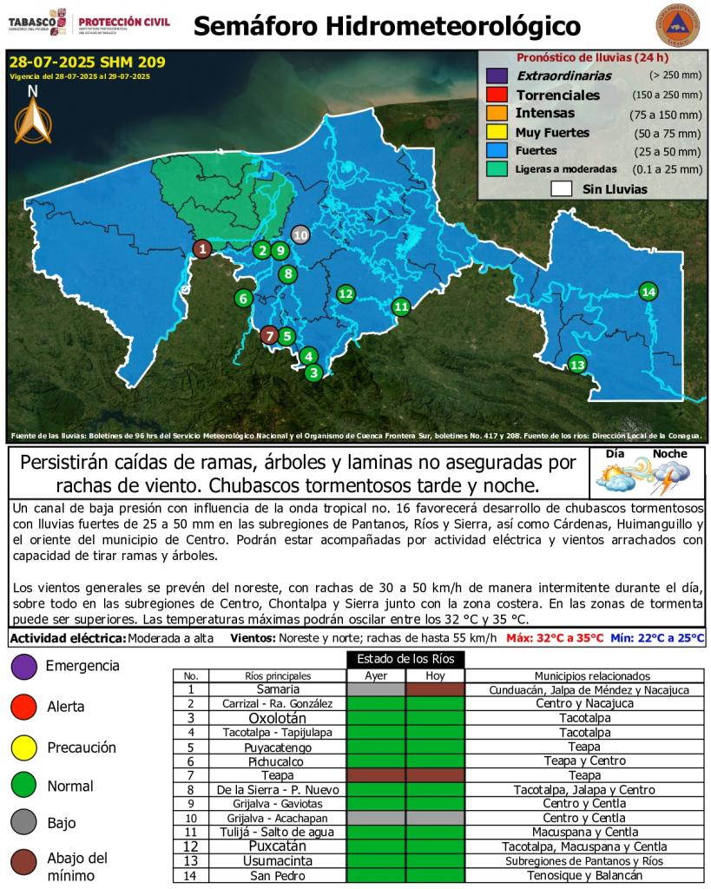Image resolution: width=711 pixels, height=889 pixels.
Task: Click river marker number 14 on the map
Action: coord(648,291)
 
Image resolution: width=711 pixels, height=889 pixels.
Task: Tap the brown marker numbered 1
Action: coord(201,249)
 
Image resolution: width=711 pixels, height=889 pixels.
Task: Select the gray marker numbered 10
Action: coord(300,234)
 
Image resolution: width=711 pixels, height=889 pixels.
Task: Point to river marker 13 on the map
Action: coord(576,365)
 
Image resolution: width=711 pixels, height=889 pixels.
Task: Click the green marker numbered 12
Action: coord(346,293)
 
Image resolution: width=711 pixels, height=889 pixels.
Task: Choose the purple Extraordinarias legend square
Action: coord(497,76)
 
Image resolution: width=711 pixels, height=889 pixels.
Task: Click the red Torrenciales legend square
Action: coord(497,95)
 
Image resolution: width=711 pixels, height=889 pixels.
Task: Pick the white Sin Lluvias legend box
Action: coord(561,188)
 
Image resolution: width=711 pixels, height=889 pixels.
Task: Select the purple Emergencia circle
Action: coord(23,666)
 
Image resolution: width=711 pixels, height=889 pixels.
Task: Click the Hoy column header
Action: coord(435,676)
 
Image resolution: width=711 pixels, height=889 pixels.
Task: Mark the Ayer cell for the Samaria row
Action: coord(375,689)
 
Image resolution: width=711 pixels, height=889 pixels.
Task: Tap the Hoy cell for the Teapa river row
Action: coord(435,774)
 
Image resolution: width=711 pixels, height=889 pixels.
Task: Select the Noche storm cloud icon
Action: coord(669,474)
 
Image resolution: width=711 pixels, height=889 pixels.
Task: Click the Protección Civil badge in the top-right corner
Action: coord(676,26)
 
